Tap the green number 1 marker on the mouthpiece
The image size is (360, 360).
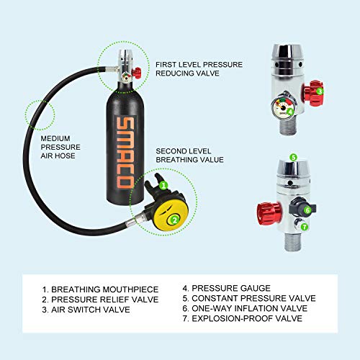pyautogui.click(x=163, y=184)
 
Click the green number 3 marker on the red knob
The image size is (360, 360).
pyautogui.click(x=320, y=91)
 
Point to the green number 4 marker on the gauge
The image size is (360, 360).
pyautogui.click(x=289, y=111)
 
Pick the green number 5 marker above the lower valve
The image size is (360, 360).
pyautogui.click(x=292, y=156)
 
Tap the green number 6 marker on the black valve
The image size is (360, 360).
pyautogui.click(x=307, y=210)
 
